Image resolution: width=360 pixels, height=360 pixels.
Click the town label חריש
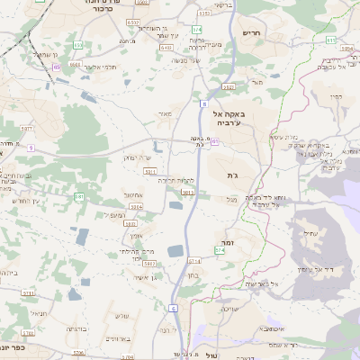click(x=251, y=32)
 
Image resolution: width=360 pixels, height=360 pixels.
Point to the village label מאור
click(x=164, y=114)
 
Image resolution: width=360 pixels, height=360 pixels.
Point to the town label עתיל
click(x=311, y=233)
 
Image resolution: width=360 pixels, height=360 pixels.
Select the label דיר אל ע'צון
click(x=316, y=269)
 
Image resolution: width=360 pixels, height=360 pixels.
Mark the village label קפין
click(x=337, y=96)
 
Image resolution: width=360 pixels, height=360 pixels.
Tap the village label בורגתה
click(x=76, y=328)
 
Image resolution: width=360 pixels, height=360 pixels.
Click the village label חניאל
click(x=38, y=312)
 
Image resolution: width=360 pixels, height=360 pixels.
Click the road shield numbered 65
click(x=58, y=66)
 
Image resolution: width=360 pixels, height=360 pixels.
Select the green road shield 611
click(x=331, y=40)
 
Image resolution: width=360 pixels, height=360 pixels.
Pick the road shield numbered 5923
click(x=188, y=192)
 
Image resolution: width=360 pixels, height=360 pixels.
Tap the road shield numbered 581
click(x=79, y=196)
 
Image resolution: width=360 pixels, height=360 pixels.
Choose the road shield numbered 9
click(x=30, y=147)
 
